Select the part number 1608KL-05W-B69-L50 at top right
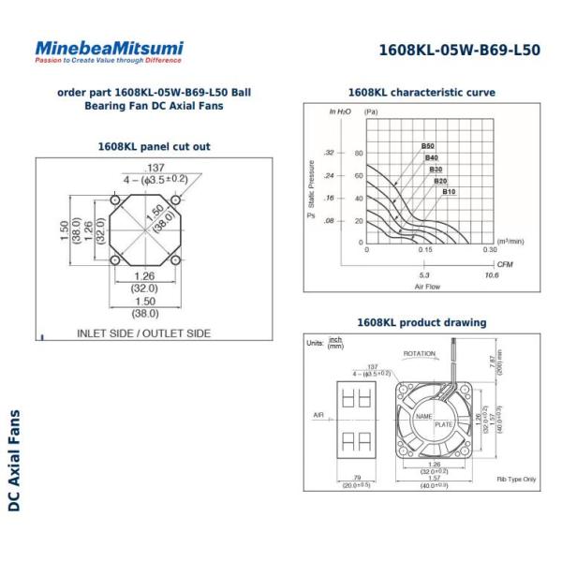[x=459, y=51]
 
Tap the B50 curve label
[x=427, y=146]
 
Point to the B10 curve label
[x=449, y=191]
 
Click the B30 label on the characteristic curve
[x=436, y=170]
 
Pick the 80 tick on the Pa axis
[x=358, y=153]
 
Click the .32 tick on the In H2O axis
[x=329, y=153]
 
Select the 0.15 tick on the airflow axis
[x=426, y=250]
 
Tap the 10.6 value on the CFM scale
[x=490, y=275]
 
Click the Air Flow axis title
[x=426, y=287]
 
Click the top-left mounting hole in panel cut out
[x=114, y=200]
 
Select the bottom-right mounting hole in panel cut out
[x=174, y=259]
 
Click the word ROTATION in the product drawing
[x=420, y=354]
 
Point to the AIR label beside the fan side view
[x=318, y=413]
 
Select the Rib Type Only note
[x=516, y=479]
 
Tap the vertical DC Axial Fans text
[x=13, y=460]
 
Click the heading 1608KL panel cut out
[x=154, y=146]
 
